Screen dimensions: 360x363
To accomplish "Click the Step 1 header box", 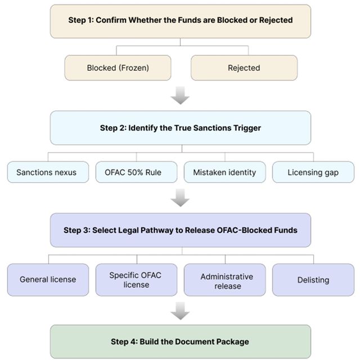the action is point(181,21).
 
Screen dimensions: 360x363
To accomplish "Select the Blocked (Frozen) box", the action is point(118,68).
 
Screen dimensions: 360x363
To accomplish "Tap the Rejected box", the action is point(244,68).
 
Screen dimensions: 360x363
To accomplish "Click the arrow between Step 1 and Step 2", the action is point(180,95).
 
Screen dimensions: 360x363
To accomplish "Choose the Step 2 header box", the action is point(181,128).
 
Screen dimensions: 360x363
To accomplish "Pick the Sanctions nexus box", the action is point(48,172).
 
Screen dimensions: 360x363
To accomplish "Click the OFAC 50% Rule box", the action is point(137,172).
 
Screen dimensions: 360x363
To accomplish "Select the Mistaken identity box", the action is point(225,172).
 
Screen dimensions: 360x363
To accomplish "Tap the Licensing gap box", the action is point(313,172).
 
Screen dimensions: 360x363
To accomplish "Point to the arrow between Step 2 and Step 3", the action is point(180,198).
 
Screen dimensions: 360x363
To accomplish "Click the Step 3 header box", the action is point(181,230).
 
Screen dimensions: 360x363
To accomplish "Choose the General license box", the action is point(48,280).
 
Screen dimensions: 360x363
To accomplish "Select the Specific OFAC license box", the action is point(137,280).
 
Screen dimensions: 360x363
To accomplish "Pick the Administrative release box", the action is point(225,280).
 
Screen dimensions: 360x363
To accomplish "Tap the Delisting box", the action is point(313,280).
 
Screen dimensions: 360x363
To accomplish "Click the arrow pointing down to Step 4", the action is point(180,311).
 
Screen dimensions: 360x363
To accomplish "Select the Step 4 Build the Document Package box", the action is point(181,342).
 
